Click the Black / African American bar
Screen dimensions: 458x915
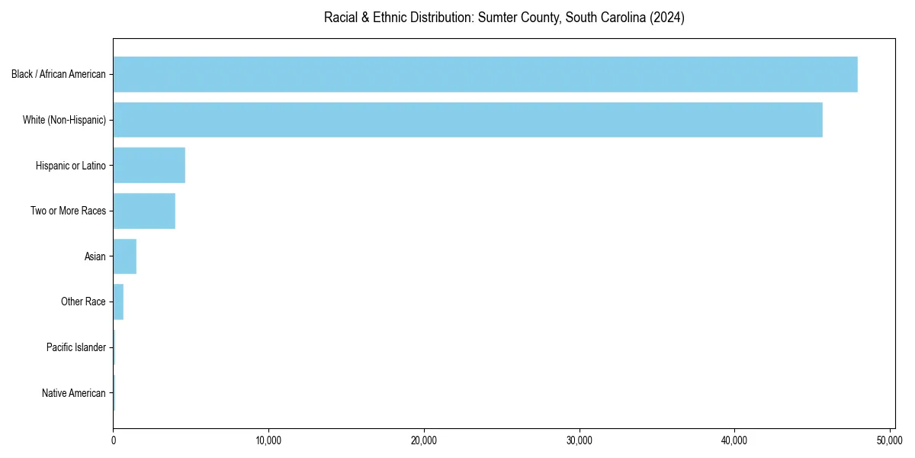click(x=485, y=74)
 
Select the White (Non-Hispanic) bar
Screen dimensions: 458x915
click(x=467, y=120)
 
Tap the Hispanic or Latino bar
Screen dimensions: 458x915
click(x=149, y=166)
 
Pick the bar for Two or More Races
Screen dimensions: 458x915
click(x=144, y=211)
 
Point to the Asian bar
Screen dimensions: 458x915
click(x=124, y=256)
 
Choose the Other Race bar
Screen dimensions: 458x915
click(x=118, y=302)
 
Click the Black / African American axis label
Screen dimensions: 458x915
click(x=59, y=74)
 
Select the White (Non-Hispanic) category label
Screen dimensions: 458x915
click(x=65, y=120)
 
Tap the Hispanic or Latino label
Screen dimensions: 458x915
click(x=71, y=166)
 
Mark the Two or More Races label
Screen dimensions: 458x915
click(x=69, y=211)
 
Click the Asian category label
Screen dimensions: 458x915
click(x=95, y=256)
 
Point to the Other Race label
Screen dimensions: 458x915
click(x=83, y=302)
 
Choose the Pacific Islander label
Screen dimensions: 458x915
click(x=76, y=347)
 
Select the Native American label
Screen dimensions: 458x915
click(x=74, y=393)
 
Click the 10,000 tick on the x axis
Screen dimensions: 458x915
click(x=268, y=440)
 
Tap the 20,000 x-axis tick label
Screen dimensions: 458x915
click(x=424, y=440)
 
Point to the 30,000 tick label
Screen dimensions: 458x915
click(x=579, y=440)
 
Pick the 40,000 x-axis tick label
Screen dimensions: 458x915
click(x=734, y=440)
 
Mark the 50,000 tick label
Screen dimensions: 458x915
click(x=890, y=440)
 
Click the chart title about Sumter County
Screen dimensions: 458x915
click(x=504, y=18)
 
